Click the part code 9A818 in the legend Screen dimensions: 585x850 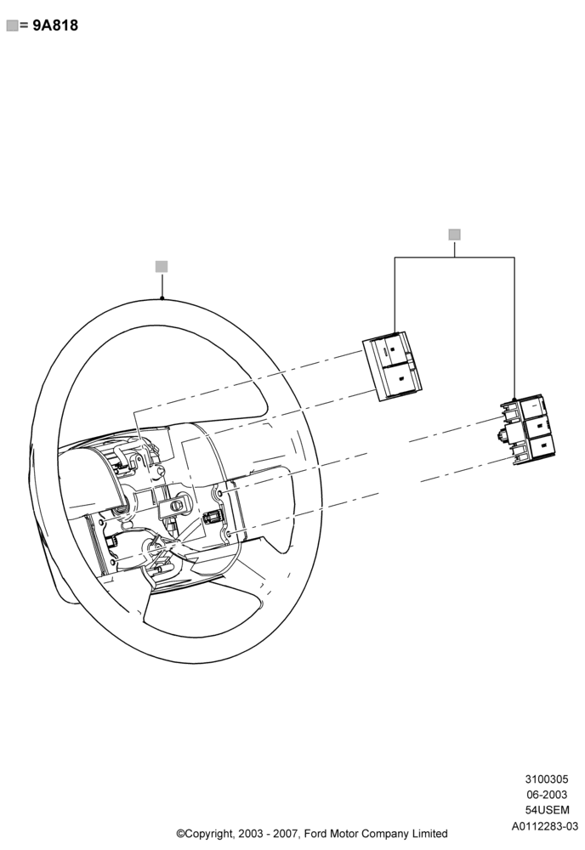point(55,25)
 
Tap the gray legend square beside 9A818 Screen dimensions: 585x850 point(12,25)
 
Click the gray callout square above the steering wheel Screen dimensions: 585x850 point(162,267)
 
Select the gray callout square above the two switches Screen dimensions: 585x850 point(454,235)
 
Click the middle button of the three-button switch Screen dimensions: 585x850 point(537,426)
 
